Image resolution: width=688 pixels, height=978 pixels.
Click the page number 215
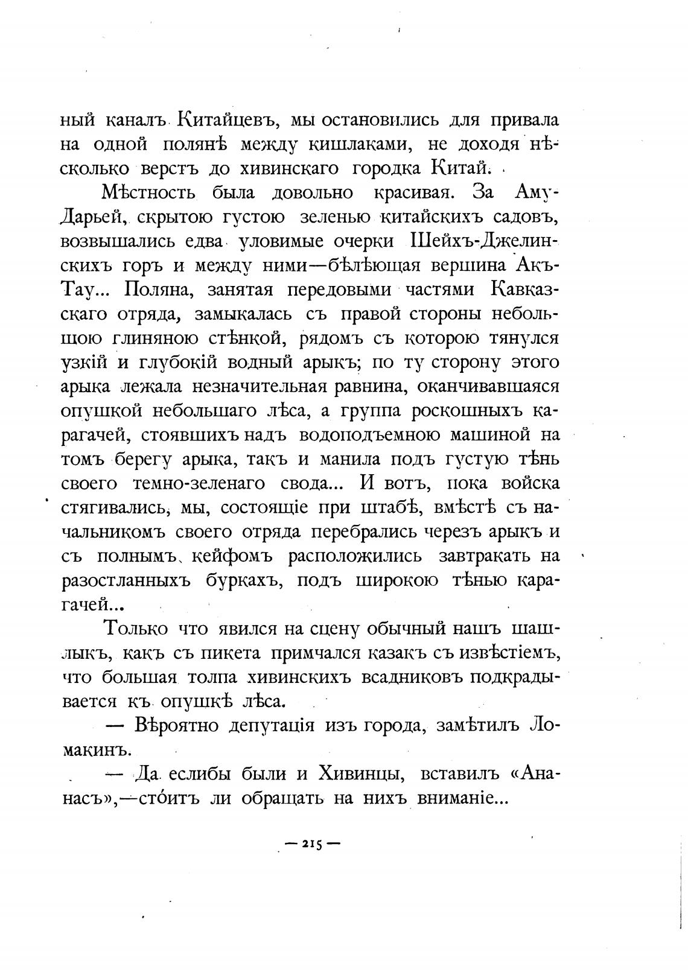[x=310, y=844]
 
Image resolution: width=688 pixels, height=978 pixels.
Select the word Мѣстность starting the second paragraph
[x=148, y=193]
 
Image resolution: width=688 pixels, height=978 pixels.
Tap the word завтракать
[x=483, y=555]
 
